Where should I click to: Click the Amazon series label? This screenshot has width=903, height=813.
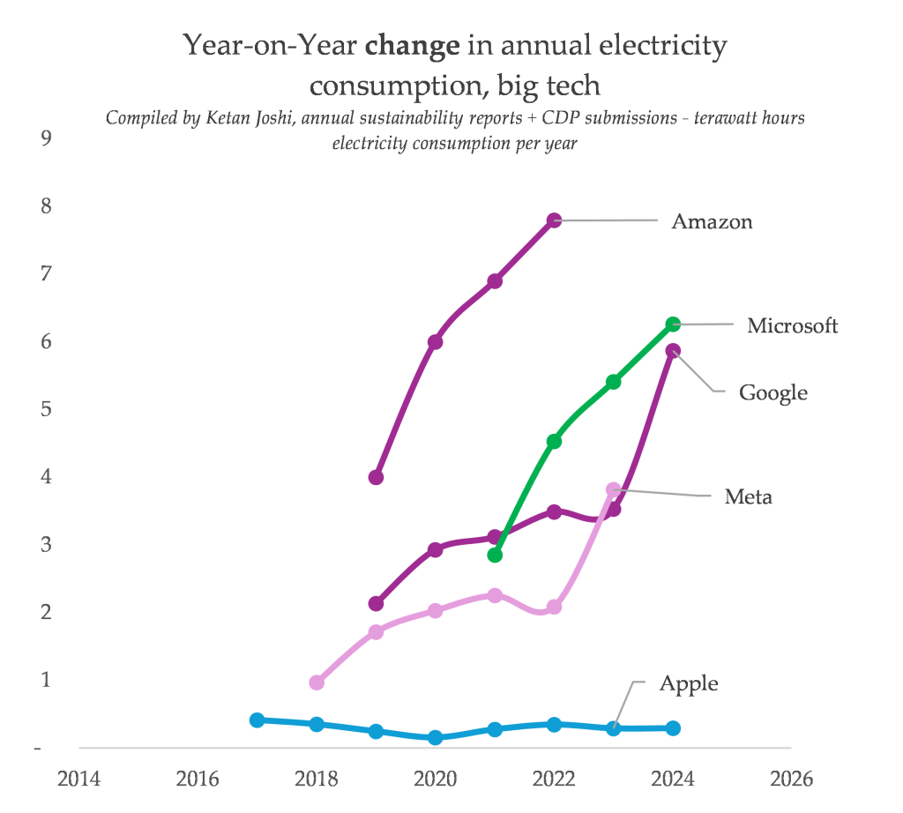click(712, 221)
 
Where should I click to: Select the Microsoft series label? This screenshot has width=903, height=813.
click(792, 325)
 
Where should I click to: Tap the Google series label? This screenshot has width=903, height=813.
click(772, 392)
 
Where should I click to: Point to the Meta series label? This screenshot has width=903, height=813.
click(748, 497)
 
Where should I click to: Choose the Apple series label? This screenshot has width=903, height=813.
click(689, 684)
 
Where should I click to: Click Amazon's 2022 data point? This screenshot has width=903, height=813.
click(554, 220)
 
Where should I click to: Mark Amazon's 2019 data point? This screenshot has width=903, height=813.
click(376, 477)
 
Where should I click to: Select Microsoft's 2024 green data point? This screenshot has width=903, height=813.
click(673, 324)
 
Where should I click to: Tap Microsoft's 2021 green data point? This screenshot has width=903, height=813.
click(495, 555)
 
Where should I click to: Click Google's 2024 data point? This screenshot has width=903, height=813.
click(673, 351)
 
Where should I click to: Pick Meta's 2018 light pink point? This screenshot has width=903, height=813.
click(317, 682)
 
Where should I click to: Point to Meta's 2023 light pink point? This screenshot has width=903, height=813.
click(614, 489)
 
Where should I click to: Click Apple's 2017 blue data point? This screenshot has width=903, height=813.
click(257, 720)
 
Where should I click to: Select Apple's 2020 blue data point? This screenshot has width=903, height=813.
click(435, 737)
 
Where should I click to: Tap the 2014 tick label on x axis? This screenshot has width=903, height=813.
click(78, 779)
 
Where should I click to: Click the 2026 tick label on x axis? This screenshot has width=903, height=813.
click(791, 779)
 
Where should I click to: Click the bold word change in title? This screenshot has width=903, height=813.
click(412, 46)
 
